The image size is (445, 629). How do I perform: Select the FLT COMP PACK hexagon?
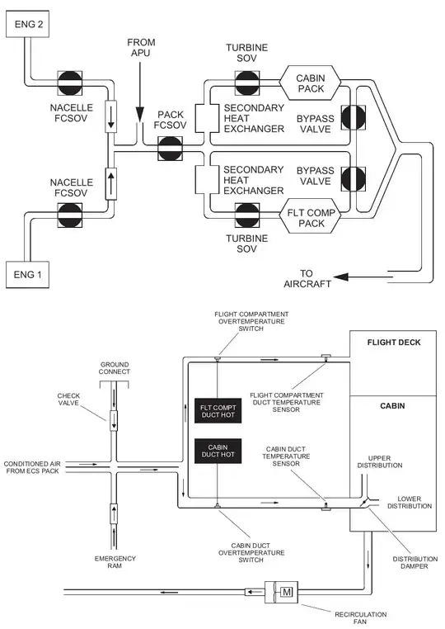(x=311, y=218)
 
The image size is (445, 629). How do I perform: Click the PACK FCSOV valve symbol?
(x=175, y=151)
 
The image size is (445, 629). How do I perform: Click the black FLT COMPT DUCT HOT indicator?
(x=218, y=410)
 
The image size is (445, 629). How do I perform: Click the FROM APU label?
(x=141, y=48)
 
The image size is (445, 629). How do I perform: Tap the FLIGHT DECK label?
(x=391, y=341)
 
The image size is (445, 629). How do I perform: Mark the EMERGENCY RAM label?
(x=114, y=563)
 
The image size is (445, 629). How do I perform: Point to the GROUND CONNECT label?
(x=115, y=367)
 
